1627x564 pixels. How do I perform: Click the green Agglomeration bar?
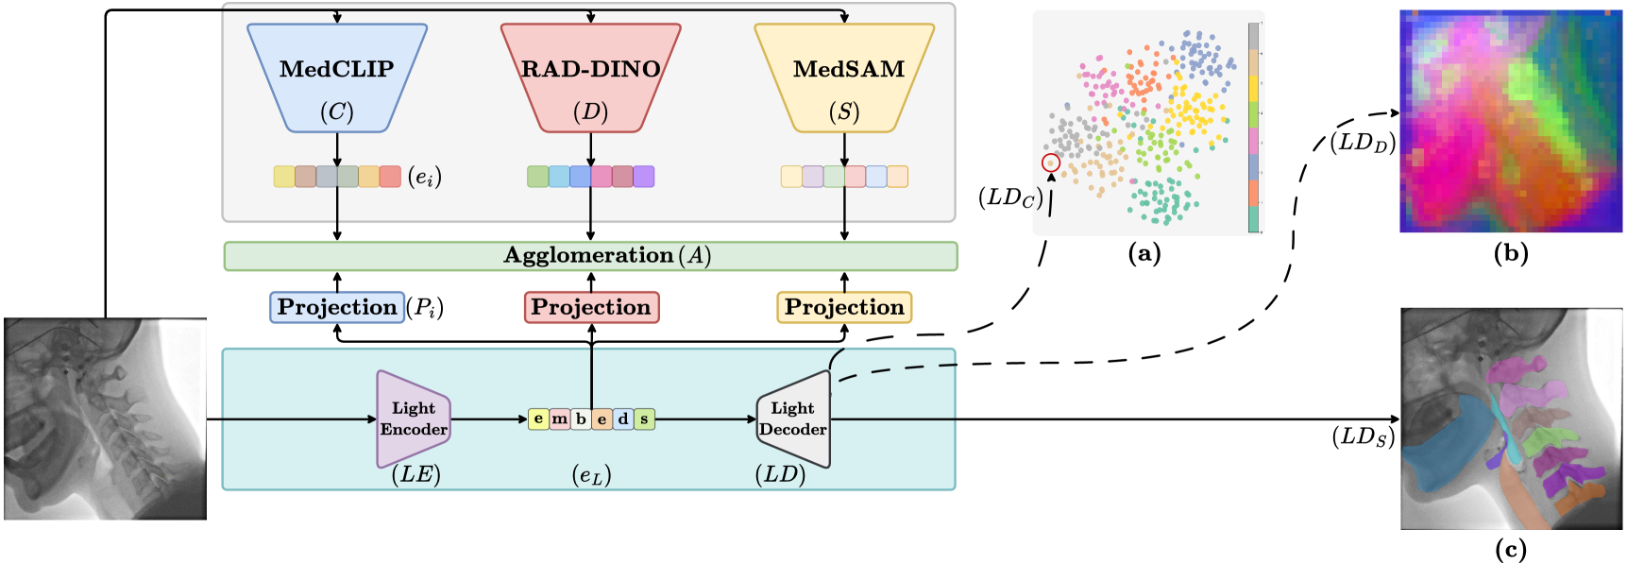pos(590,256)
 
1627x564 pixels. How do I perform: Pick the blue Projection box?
pos(337,307)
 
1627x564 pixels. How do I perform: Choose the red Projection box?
pos(591,307)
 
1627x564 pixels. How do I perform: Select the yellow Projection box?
pos(844,307)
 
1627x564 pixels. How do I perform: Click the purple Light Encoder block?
pos(413,419)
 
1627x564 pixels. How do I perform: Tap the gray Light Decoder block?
pos(793,419)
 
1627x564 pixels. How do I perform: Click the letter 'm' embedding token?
pos(560,419)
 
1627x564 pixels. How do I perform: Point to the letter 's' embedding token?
pos(644,419)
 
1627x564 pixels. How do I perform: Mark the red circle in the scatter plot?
pos(1051,163)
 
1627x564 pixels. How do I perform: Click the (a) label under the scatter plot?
pos(1144,253)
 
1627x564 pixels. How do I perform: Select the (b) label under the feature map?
pos(1511,253)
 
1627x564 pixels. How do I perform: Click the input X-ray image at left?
pos(105,419)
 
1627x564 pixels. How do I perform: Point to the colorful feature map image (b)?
pos(1511,121)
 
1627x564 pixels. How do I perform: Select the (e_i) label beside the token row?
pos(425,177)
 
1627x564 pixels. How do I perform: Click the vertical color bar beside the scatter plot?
pos(1253,128)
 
